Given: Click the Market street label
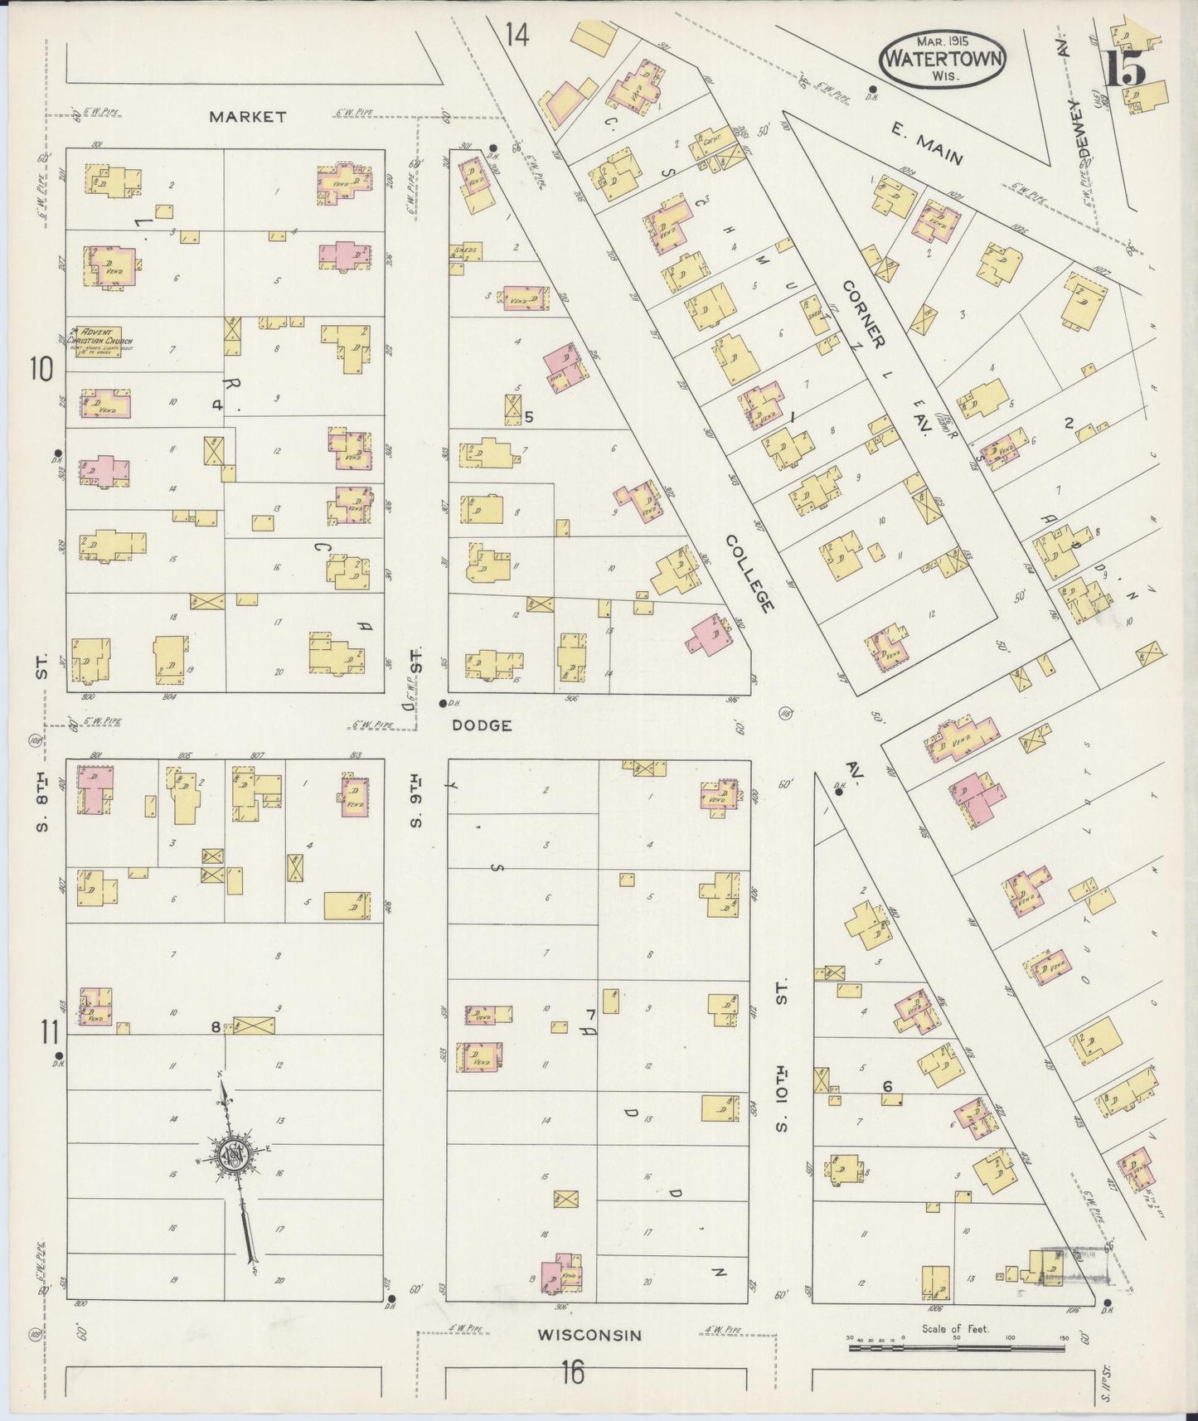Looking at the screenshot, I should tap(247, 117).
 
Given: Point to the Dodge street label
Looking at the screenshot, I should tap(482, 725).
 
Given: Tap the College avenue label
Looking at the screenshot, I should tap(749, 574).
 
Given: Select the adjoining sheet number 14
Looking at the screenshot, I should tap(516, 36).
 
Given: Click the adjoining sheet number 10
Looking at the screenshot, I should tap(41, 369).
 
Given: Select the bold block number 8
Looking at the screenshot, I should tap(216, 1028).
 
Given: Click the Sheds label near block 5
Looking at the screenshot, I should tap(463, 249).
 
